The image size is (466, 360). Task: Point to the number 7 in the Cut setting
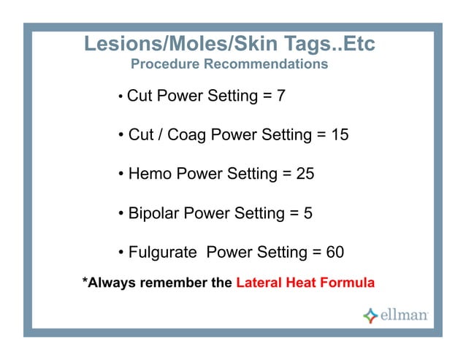(281, 96)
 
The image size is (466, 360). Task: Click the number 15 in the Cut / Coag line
(338, 135)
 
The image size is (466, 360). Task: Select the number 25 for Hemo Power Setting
(304, 175)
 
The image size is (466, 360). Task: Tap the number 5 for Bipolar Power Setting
(308, 214)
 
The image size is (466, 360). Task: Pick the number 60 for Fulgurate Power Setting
(335, 253)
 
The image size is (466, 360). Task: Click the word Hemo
(150, 175)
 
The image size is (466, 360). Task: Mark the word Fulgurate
(162, 253)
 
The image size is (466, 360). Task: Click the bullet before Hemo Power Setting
(121, 175)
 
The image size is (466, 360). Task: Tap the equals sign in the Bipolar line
(294, 214)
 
